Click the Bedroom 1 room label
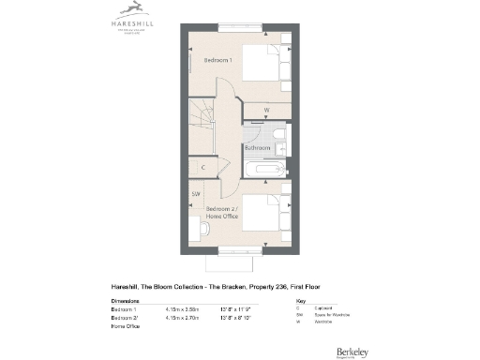(217, 59)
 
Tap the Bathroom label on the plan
(258, 148)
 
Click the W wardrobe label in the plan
(267, 110)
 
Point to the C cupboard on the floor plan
(203, 168)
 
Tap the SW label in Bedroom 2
(196, 194)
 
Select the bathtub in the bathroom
(263, 170)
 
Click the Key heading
(300, 300)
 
